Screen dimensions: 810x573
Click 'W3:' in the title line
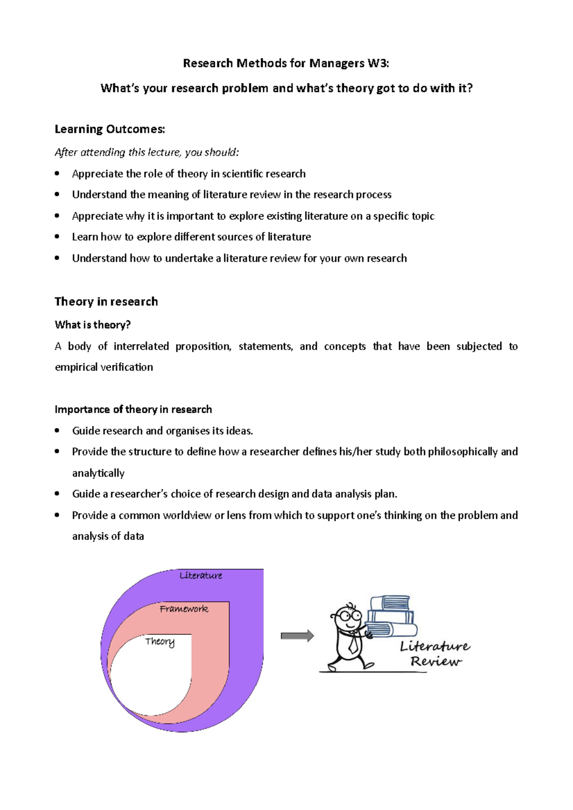pos(378,63)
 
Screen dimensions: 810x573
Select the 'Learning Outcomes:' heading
pos(110,129)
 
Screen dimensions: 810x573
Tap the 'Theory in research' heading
pos(106,301)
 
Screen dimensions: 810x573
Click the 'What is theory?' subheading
pos(93,325)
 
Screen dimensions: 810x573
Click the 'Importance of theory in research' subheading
pos(133,409)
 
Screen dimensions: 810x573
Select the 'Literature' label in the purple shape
pos(201,576)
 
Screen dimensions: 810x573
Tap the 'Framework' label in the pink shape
pos(184,609)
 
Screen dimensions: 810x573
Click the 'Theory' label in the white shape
pos(160,642)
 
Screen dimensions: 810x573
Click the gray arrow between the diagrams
pos(297,636)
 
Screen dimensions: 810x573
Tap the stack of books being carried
pos(391,616)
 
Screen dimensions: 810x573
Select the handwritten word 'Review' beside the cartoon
pos(435,662)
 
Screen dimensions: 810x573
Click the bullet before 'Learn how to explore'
pos(57,237)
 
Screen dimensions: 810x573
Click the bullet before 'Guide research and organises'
pos(57,431)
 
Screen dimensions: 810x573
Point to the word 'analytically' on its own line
pos(98,473)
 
